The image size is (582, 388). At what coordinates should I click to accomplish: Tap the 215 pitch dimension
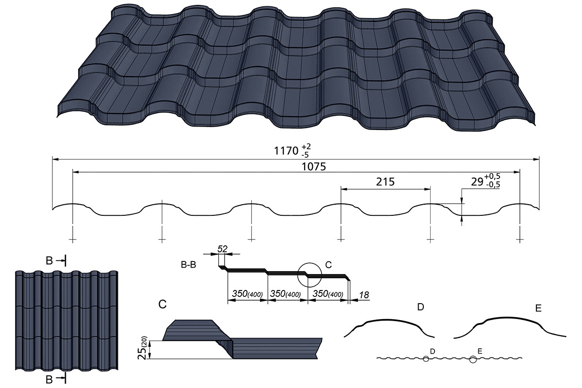click(x=385, y=182)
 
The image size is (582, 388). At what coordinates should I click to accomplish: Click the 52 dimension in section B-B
click(x=223, y=248)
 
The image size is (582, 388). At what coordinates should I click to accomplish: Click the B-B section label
click(x=189, y=265)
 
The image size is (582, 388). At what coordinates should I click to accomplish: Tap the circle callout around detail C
click(x=310, y=275)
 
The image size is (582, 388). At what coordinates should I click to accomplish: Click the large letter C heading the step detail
click(x=163, y=305)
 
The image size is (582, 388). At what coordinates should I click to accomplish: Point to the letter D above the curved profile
click(x=420, y=307)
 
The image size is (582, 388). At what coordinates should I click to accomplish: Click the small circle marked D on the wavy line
click(x=425, y=359)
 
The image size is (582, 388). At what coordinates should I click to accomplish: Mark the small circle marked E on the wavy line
click(x=473, y=359)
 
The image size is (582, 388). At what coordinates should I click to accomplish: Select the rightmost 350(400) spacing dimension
click(x=328, y=294)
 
